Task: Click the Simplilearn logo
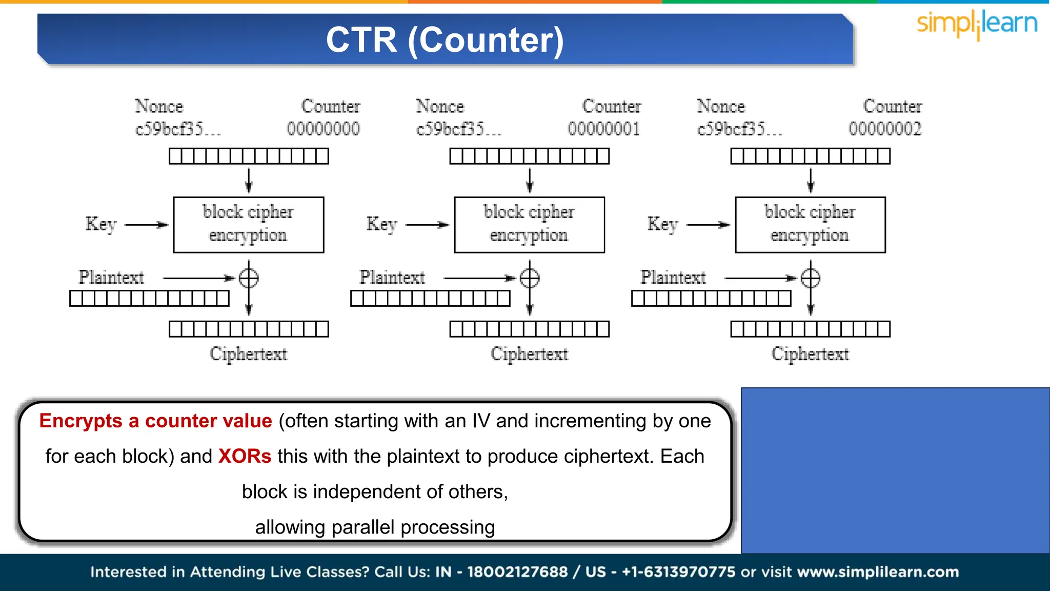point(977,24)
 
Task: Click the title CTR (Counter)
point(445,40)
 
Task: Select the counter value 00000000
point(323,128)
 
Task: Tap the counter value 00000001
point(604,128)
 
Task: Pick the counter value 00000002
point(885,128)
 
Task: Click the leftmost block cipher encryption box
point(249,225)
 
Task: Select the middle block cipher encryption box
point(529,225)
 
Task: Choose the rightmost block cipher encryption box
point(810,225)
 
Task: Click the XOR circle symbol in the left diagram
point(249,278)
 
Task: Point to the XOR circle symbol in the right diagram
point(811,278)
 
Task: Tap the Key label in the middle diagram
point(382,224)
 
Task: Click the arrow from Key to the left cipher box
point(147,225)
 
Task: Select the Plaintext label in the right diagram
point(673,278)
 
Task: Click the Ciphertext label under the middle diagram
point(529,354)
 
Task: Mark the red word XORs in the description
point(245,456)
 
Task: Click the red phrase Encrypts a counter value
point(155,421)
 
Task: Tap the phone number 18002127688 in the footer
point(517,572)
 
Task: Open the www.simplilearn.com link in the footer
point(878,572)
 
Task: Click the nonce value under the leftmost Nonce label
point(177,129)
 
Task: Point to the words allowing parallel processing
point(375,527)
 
